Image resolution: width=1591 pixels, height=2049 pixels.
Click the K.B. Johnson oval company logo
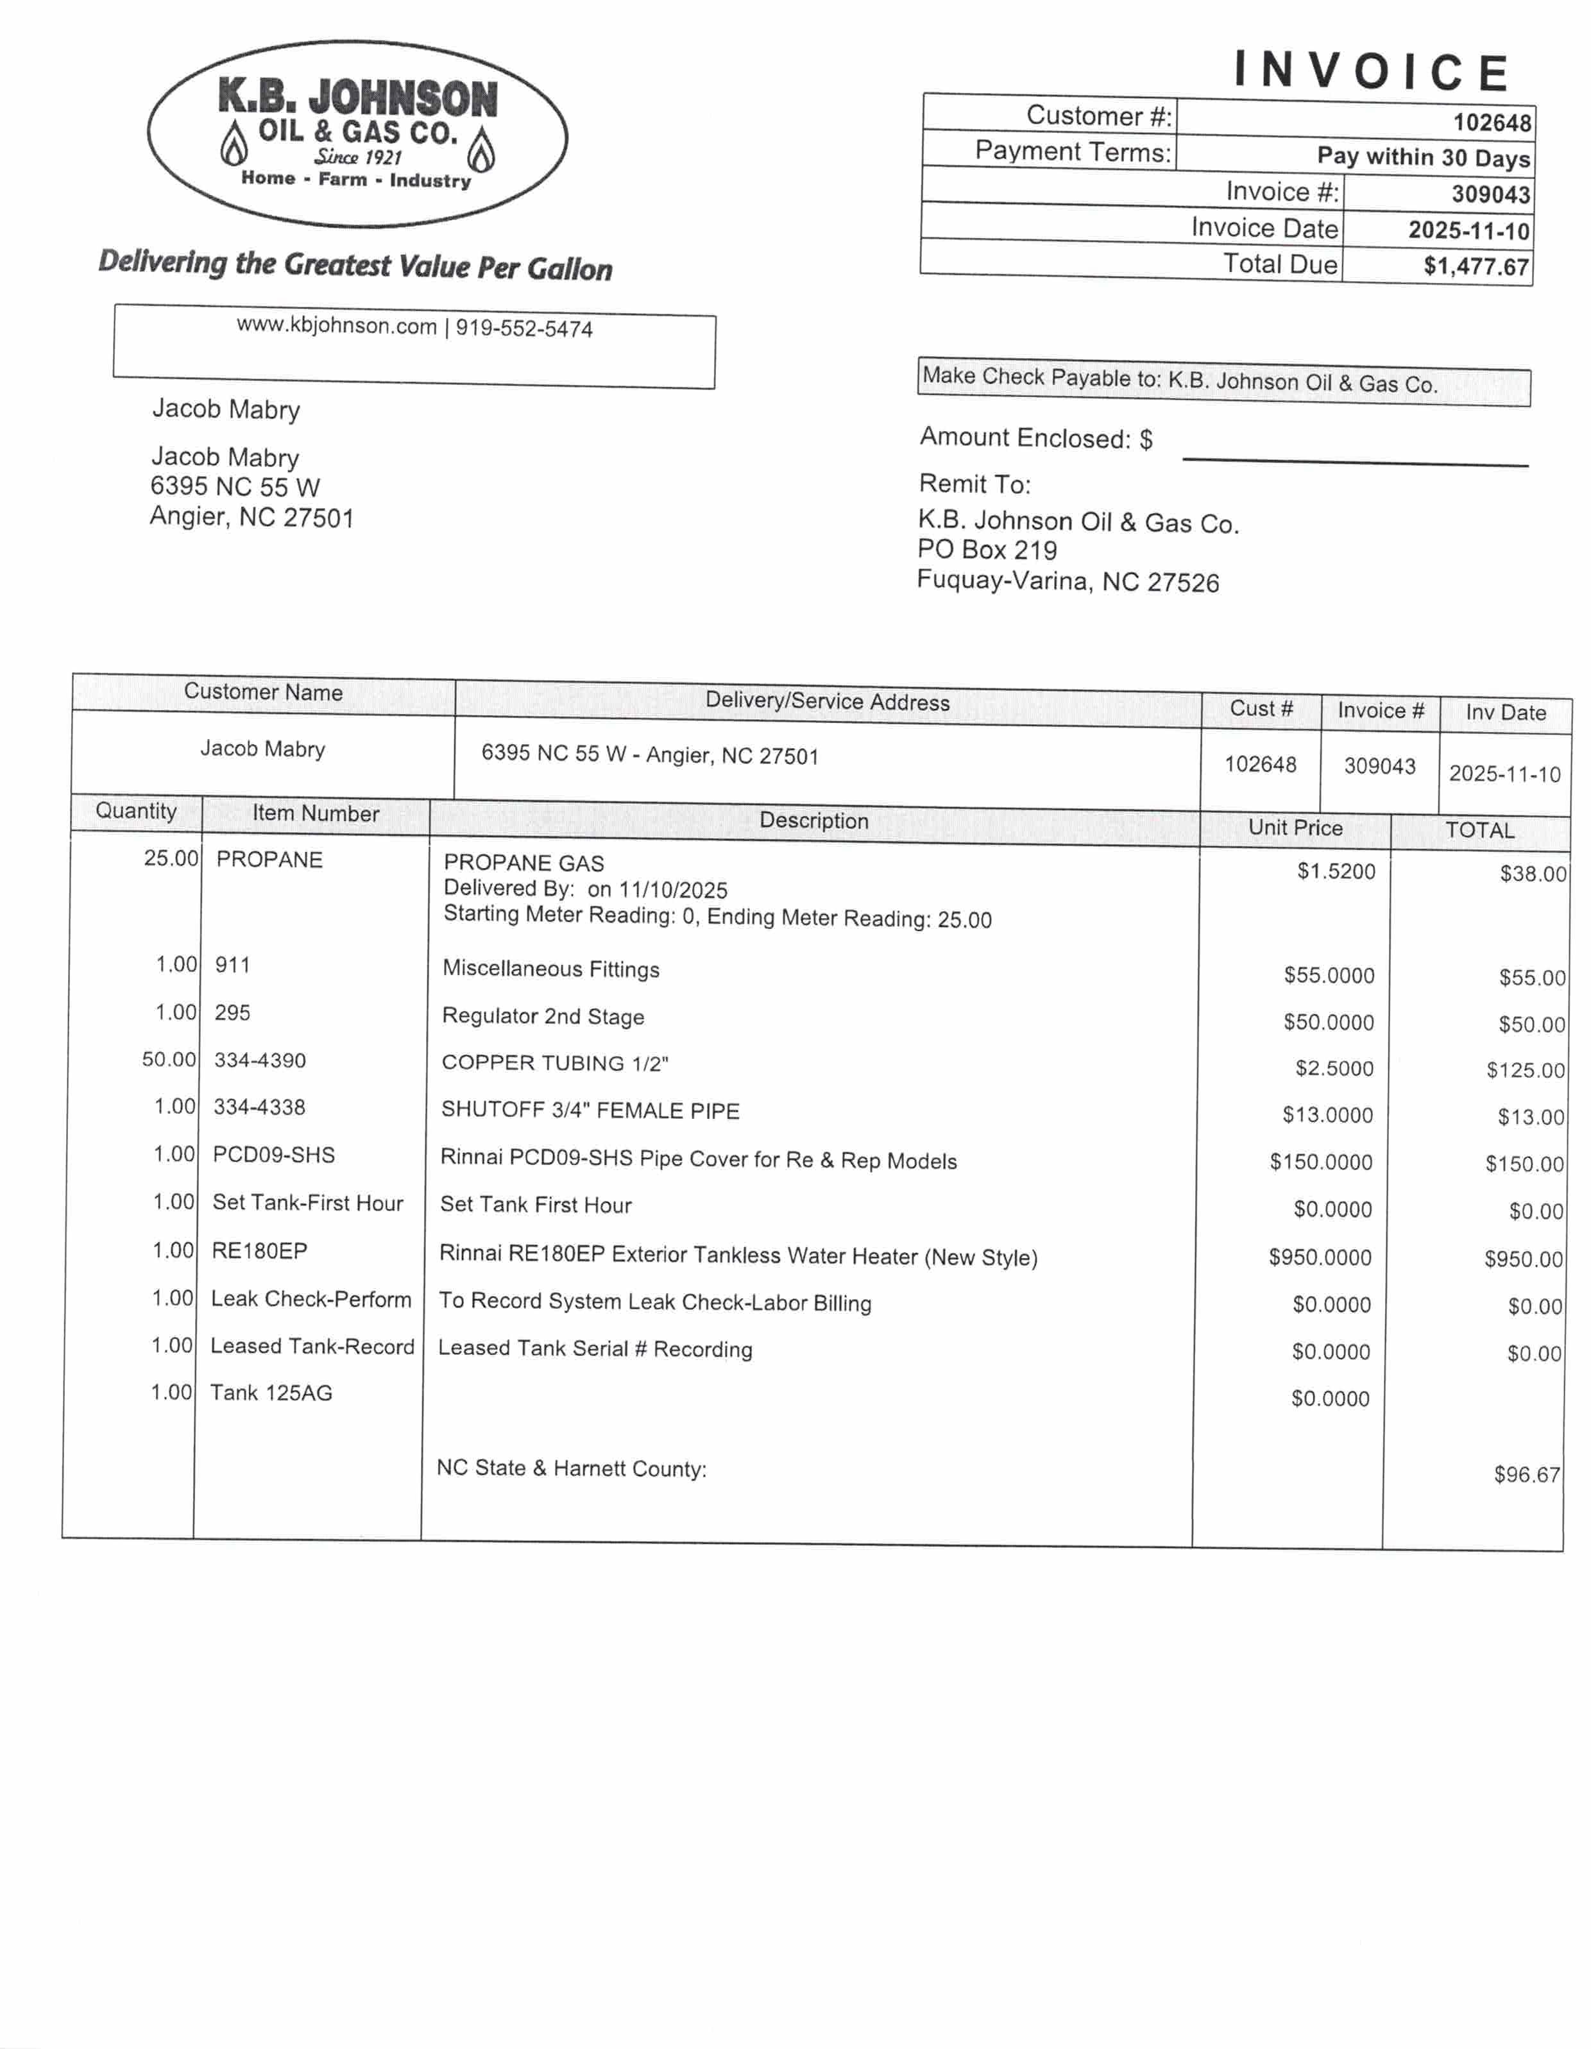(357, 133)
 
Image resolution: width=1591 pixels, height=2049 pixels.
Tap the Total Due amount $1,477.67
(1476, 266)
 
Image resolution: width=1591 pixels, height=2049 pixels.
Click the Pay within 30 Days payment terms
(1423, 157)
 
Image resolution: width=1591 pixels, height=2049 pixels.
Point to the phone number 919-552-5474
(524, 328)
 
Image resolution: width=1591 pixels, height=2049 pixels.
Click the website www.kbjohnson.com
(336, 325)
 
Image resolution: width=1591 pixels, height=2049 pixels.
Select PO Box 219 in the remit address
(987, 550)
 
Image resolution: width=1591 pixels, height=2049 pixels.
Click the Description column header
(813, 821)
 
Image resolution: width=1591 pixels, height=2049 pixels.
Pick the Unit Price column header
(1295, 828)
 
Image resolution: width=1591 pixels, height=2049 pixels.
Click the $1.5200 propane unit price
(1336, 872)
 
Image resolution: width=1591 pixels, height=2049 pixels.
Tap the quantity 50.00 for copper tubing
(169, 1059)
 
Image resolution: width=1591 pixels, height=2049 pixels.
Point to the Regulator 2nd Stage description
(543, 1016)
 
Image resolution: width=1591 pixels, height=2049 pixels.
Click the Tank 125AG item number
(271, 1393)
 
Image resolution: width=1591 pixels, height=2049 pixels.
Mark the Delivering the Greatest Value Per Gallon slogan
(355, 266)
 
